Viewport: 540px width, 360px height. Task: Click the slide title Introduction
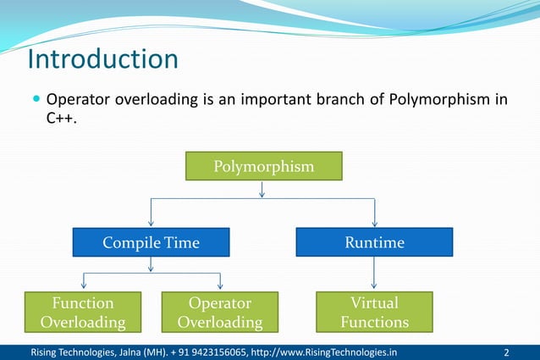[x=102, y=60]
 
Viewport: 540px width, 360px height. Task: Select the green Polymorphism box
[x=263, y=166]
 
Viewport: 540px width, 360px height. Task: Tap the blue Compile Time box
[x=151, y=243]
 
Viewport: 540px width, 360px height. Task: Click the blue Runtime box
[x=374, y=243]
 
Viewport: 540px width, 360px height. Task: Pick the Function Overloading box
[x=83, y=312]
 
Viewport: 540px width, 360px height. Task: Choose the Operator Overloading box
[x=219, y=312]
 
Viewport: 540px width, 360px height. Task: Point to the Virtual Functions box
[x=374, y=312]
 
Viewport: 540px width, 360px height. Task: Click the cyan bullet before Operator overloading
[x=36, y=101]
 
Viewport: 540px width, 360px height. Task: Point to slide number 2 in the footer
[x=505, y=352]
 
